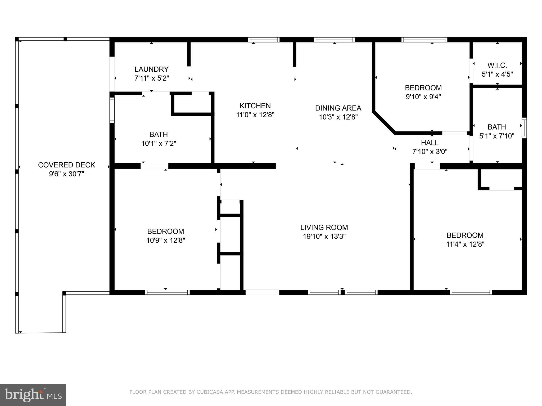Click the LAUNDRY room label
tap(151, 69)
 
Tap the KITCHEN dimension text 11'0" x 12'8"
tap(255, 115)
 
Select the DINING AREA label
tap(338, 108)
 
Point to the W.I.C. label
tap(497, 65)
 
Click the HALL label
tap(430, 143)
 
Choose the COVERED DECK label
tap(66, 165)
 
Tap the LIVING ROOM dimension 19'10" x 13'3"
tap(324, 236)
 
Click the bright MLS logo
tap(33, 395)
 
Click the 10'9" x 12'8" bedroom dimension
tap(166, 240)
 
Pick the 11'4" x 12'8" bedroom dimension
tap(465, 244)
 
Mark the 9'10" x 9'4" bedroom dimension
tap(423, 97)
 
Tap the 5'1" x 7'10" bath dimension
tap(497, 136)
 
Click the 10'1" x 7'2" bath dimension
tap(159, 144)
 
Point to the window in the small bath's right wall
tap(524, 128)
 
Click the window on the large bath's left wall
tap(112, 110)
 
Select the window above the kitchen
tap(264, 40)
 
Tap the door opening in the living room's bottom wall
tap(262, 292)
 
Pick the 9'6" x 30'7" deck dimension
tap(66, 174)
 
